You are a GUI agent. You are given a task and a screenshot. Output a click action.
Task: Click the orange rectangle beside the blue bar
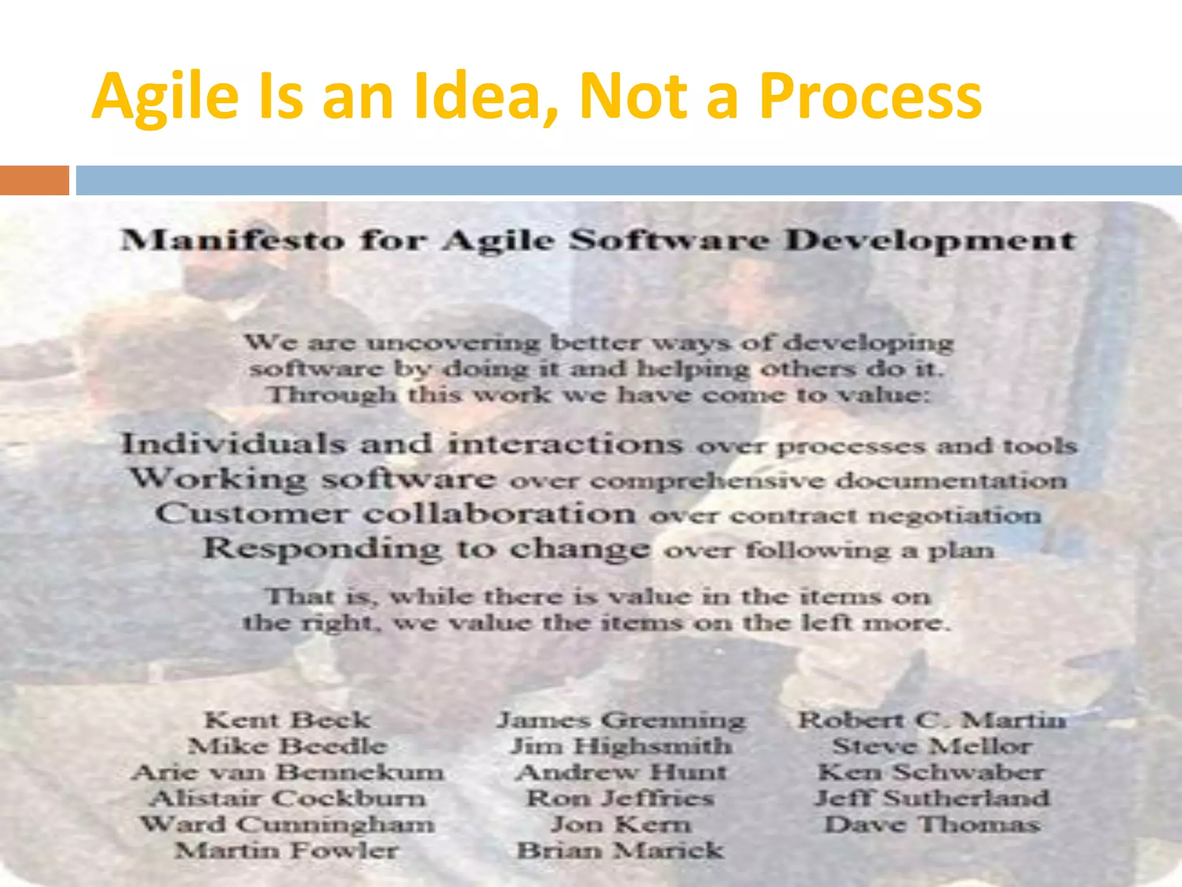pyautogui.click(x=34, y=180)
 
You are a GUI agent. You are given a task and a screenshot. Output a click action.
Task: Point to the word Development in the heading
pyautogui.click(x=930, y=240)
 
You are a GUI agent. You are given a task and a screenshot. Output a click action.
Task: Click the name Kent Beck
pyautogui.click(x=287, y=720)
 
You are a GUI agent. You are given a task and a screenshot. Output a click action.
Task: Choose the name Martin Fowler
pyautogui.click(x=287, y=850)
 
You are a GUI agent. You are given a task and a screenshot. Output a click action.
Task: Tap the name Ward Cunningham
pyautogui.click(x=287, y=824)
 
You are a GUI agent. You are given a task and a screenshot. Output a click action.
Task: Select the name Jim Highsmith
pyautogui.click(x=621, y=746)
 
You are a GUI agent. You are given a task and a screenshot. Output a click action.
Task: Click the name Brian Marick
pyautogui.click(x=620, y=850)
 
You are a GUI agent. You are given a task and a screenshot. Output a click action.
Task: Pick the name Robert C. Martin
pyautogui.click(x=932, y=720)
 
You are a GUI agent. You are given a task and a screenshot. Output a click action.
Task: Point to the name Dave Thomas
pyautogui.click(x=932, y=824)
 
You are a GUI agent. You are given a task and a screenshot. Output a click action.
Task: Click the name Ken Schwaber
pyautogui.click(x=930, y=772)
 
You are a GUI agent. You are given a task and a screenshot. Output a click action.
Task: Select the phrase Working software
pyautogui.click(x=312, y=479)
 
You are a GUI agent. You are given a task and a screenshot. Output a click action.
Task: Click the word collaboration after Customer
pyautogui.click(x=500, y=514)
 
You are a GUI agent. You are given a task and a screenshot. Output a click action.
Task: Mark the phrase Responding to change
pyautogui.click(x=426, y=549)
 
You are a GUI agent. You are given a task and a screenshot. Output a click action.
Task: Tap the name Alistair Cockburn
pyautogui.click(x=287, y=798)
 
